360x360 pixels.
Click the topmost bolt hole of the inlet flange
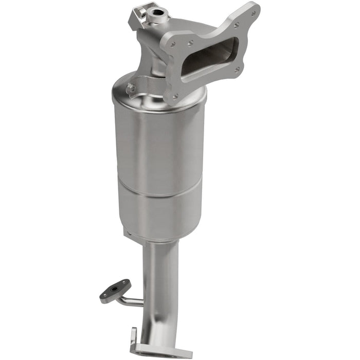(236, 24)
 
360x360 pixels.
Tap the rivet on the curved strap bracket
(132, 88)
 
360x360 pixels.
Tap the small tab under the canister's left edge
(128, 233)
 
